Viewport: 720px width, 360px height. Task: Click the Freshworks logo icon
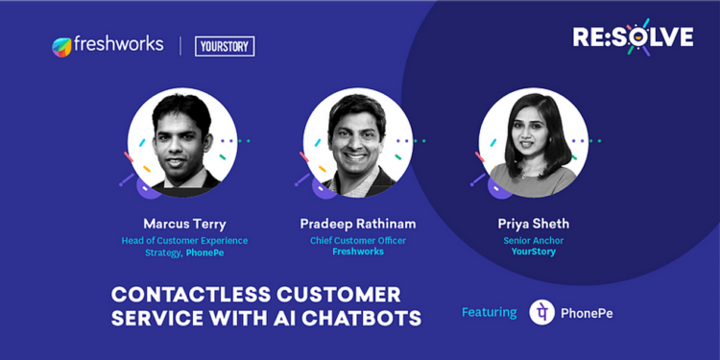62,46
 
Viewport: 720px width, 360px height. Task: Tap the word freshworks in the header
118,45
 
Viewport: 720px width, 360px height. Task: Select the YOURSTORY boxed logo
224,46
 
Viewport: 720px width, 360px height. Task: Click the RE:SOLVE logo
633,36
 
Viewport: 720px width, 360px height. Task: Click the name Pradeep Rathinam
357,224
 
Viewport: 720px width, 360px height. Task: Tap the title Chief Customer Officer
357,240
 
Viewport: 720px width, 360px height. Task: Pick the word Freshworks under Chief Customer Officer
357,252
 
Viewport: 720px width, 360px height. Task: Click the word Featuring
490,313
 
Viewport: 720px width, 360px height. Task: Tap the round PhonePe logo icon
542,312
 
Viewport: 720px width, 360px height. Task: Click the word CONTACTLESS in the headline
177,295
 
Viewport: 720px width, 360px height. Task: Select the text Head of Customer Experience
183,240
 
